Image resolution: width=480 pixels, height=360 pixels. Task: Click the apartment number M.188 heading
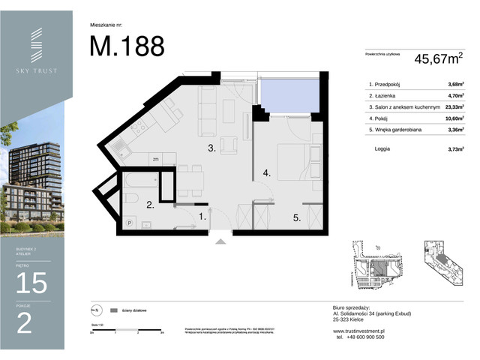127,46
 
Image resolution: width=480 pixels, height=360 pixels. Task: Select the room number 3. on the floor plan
212,148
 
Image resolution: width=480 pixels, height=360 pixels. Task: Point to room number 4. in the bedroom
265,173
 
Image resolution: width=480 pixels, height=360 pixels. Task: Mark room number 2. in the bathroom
150,204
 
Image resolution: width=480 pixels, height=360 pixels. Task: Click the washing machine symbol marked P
130,223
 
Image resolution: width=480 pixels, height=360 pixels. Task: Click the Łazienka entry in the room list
385,96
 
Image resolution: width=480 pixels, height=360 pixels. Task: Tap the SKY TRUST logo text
37,70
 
